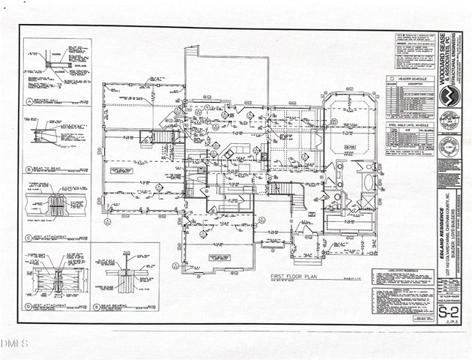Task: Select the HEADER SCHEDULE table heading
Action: point(409,78)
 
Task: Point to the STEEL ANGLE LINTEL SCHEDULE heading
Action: point(408,124)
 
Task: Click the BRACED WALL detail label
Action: point(46,100)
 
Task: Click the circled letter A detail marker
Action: point(28,100)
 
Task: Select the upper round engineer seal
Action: point(448,120)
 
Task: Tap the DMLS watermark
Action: point(13,343)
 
